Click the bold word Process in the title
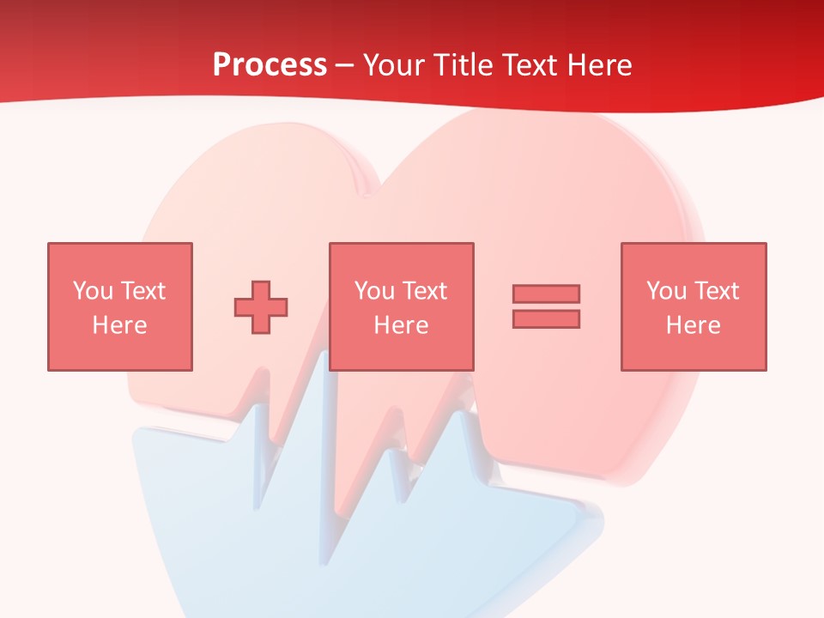pyautogui.click(x=270, y=65)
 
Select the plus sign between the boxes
pyautogui.click(x=261, y=306)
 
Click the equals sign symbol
pyautogui.click(x=546, y=306)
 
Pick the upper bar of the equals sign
pyautogui.click(x=546, y=294)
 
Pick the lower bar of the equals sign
pyautogui.click(x=546, y=318)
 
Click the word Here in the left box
pyautogui.click(x=119, y=325)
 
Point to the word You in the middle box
pyautogui.click(x=374, y=291)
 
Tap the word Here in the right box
pyautogui.click(x=693, y=325)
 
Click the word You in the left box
pyautogui.click(x=93, y=291)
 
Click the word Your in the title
pyautogui.click(x=396, y=65)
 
